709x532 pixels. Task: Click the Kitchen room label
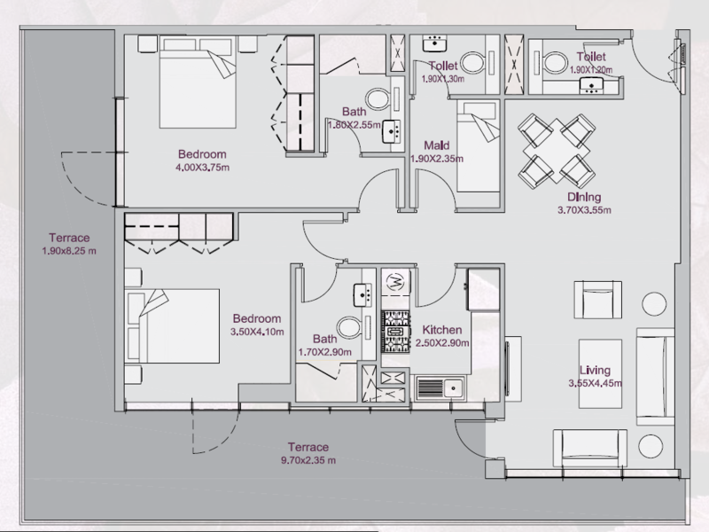click(x=441, y=330)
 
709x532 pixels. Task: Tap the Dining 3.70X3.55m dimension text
click(x=584, y=210)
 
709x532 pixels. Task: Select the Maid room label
click(x=436, y=145)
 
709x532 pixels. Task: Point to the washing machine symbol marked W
click(x=395, y=283)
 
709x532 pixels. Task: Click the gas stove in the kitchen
click(x=395, y=332)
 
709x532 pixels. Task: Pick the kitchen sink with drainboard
click(x=440, y=388)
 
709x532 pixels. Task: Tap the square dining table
click(x=557, y=151)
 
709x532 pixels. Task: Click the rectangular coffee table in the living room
click(x=600, y=373)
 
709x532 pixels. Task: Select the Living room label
click(x=595, y=370)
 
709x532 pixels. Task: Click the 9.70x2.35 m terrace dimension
click(x=308, y=460)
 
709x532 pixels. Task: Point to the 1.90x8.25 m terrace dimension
click(x=69, y=251)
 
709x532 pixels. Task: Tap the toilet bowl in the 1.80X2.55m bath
click(x=378, y=98)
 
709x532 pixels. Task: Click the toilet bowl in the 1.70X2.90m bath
click(x=348, y=327)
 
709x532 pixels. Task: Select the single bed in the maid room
click(x=478, y=146)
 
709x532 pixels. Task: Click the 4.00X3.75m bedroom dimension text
click(x=202, y=168)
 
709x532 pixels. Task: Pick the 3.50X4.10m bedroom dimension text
click(x=257, y=332)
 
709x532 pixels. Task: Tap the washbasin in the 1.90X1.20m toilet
click(x=591, y=85)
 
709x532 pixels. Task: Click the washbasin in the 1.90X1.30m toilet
click(x=434, y=43)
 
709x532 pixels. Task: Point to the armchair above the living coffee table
click(x=597, y=300)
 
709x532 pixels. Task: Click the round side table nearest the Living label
click(x=653, y=303)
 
